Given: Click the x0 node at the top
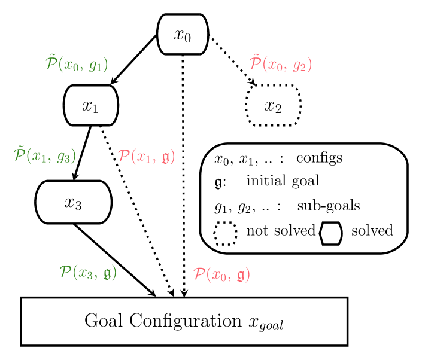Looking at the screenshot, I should (x=183, y=34).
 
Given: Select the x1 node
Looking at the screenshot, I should (x=90, y=105).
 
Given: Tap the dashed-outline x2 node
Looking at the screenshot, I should (x=273, y=105).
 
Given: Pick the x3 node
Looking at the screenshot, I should (x=73, y=202).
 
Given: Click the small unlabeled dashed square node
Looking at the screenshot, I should (x=225, y=233).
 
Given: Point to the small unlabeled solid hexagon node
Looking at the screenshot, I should (x=331, y=233).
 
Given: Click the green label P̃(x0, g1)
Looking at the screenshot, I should (x=77, y=64).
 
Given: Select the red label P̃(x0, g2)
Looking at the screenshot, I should (x=280, y=63).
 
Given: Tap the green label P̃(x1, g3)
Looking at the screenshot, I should (x=45, y=155).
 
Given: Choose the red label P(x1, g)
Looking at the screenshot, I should (x=146, y=157).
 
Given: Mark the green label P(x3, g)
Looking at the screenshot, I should (x=88, y=273).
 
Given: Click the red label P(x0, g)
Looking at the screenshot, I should (x=221, y=274).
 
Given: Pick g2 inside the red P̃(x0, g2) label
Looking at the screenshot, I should (x=299, y=65).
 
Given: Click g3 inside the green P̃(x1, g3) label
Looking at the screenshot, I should (x=63, y=157).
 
